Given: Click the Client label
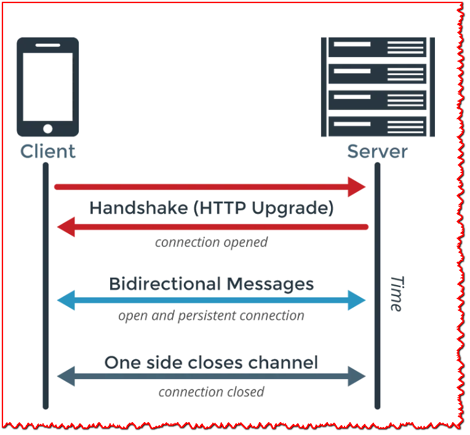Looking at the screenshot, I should click(47, 151).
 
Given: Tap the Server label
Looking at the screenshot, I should click(377, 151).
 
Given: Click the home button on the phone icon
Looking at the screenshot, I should click(47, 129).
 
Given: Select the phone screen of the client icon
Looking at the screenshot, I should click(47, 86).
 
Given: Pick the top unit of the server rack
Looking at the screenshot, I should click(373, 48).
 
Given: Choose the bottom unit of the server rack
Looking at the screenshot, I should click(373, 125).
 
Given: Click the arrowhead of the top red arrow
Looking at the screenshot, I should click(357, 186).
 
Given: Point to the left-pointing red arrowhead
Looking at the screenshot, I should click(66, 227).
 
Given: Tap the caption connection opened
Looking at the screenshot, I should click(211, 242).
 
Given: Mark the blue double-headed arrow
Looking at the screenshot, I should click(211, 300).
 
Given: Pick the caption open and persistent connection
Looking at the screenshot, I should click(211, 316).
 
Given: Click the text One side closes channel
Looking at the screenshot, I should click(211, 362).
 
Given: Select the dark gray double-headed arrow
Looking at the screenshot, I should click(211, 376).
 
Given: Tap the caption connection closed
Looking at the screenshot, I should click(211, 392).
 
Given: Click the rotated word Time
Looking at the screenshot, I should click(397, 293).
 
